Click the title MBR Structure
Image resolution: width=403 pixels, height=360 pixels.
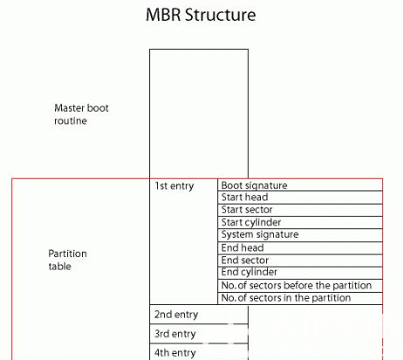pos(201,16)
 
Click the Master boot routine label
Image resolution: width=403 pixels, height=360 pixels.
pos(81,114)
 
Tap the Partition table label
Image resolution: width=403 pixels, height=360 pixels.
pos(67,260)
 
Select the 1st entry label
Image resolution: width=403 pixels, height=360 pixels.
pos(174,186)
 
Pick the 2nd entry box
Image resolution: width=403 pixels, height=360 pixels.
pos(198,315)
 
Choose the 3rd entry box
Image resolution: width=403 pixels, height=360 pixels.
pos(198,334)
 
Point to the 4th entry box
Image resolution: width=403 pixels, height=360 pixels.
pos(198,352)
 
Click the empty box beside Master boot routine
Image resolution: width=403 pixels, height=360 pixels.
pos(198,113)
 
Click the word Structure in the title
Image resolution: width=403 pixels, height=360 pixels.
pos(226,16)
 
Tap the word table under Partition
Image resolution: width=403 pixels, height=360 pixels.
pos(59,267)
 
